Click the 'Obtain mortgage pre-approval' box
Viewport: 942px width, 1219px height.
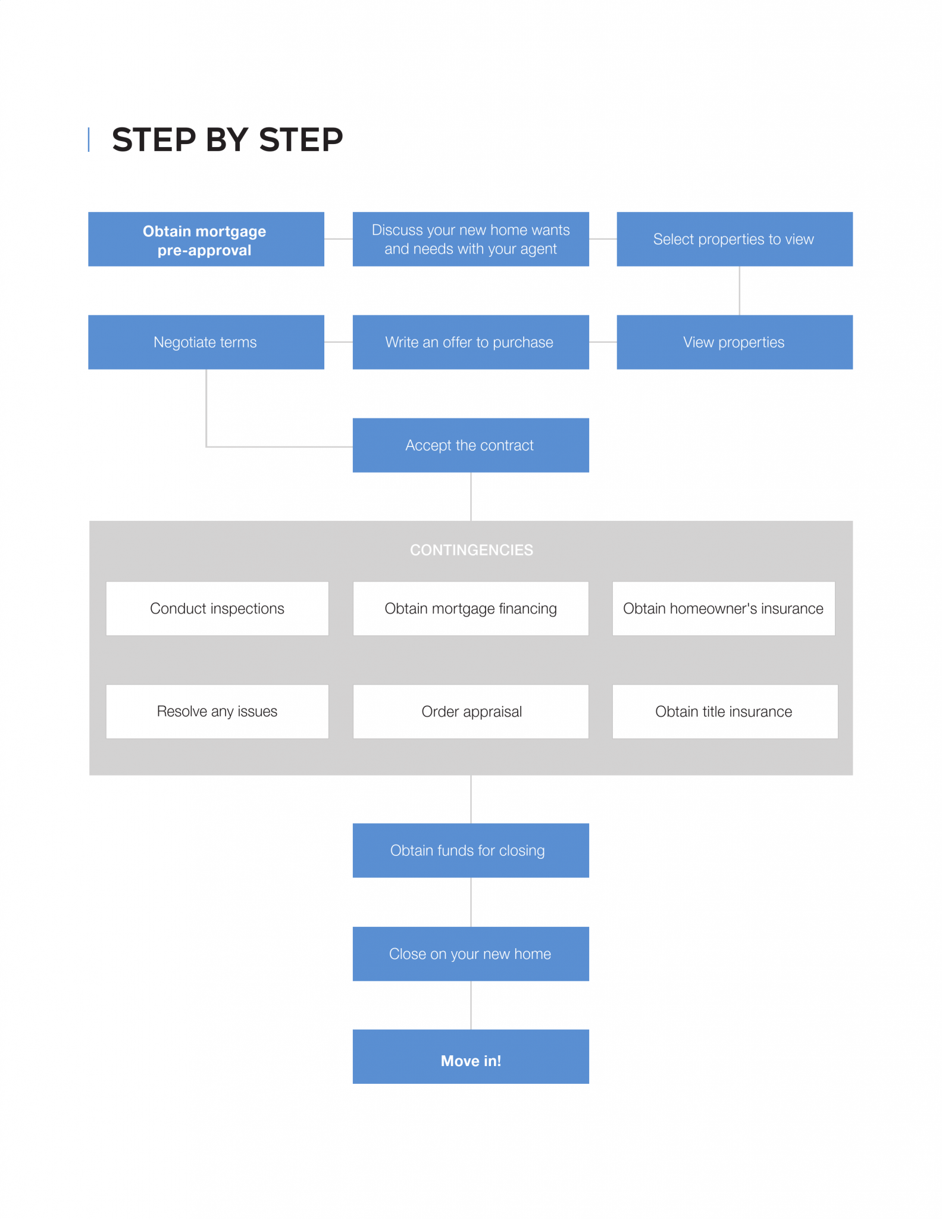(x=206, y=239)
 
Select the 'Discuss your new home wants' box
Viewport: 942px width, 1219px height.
(x=470, y=239)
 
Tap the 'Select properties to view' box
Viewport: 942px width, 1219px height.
(x=734, y=239)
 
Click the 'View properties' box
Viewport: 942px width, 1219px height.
(x=734, y=342)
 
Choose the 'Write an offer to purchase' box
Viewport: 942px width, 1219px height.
(x=470, y=342)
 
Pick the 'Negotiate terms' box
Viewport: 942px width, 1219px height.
(x=206, y=342)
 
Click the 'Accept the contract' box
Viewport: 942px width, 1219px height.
(x=470, y=445)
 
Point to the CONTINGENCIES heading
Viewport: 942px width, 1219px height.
(x=471, y=550)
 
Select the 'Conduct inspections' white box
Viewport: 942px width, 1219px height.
(x=217, y=608)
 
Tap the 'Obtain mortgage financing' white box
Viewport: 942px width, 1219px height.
(x=470, y=608)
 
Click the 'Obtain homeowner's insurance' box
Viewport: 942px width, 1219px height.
(x=723, y=608)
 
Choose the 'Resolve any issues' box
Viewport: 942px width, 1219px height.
(x=217, y=711)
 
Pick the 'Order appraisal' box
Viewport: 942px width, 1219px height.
(x=470, y=711)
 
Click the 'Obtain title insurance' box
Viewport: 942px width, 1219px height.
(x=724, y=711)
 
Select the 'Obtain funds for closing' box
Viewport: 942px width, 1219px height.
(x=470, y=851)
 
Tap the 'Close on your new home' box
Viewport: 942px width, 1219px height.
(x=470, y=954)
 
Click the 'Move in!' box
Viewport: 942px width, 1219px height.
(x=470, y=1057)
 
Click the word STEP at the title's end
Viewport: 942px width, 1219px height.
(x=301, y=140)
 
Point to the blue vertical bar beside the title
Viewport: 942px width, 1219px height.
(x=89, y=140)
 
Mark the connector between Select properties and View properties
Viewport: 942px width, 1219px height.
(x=739, y=290)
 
